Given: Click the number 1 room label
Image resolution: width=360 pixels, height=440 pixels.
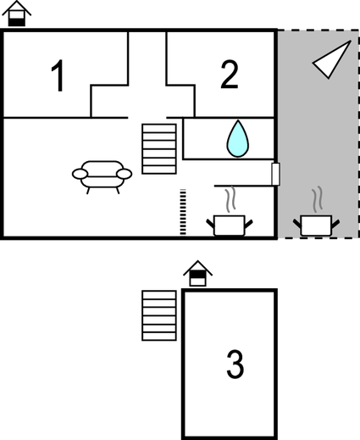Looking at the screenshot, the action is coord(58,75).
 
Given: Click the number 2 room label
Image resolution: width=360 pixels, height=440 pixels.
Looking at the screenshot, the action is coord(230,75).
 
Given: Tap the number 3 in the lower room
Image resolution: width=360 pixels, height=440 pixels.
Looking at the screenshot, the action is coord(235,365).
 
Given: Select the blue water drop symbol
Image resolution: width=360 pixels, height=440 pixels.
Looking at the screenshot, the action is coord(238,139).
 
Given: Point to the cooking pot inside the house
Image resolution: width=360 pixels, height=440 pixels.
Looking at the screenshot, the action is coord(229,226).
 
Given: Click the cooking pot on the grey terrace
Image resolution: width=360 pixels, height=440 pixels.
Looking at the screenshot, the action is coord(316,226).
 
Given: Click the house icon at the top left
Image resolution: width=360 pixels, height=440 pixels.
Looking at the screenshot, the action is coord(16,14).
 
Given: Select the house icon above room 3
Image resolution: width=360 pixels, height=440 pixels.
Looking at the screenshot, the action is coord(197,273).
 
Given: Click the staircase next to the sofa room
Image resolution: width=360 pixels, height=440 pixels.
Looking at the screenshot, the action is coord(159,149).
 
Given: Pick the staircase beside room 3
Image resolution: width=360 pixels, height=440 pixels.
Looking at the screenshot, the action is coord(159,315).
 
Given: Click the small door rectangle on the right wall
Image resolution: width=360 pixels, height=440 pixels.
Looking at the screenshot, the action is coord(275,174).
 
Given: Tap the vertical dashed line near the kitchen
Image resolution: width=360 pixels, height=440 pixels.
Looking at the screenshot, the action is coord(183,212).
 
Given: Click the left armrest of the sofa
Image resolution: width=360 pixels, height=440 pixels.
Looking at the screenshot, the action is coord(80,174).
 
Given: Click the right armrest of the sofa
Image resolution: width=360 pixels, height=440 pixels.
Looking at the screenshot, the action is coord(125,174).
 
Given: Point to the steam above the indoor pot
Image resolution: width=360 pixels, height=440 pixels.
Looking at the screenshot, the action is coord(230,199).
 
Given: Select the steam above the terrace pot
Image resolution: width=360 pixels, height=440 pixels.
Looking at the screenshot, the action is coord(317,199).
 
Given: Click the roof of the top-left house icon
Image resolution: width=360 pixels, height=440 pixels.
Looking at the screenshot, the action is coord(16,8).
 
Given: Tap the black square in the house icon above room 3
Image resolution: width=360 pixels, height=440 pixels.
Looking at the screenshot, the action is coord(197,274).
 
